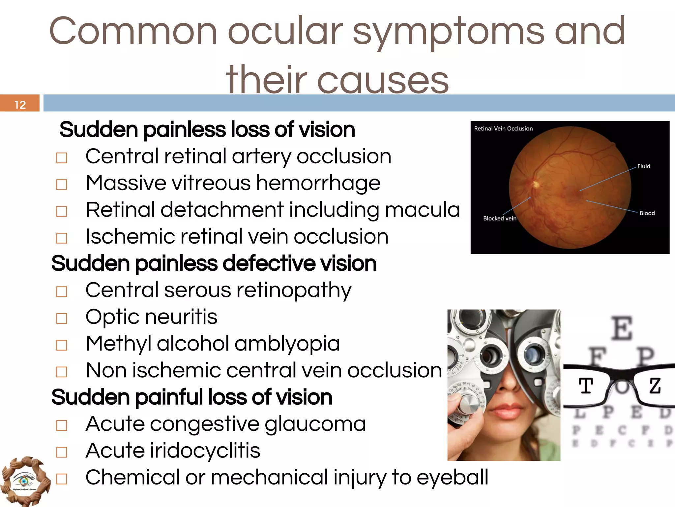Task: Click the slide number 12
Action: point(20,105)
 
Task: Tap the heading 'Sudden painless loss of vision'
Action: point(207,129)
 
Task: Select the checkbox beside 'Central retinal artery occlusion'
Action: point(62,158)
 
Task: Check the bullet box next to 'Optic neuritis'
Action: point(62,318)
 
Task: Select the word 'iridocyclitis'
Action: point(205,451)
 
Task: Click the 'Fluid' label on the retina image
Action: point(643,166)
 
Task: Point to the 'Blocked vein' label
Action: point(500,219)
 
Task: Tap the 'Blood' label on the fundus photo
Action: point(647,213)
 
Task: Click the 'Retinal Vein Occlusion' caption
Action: point(503,129)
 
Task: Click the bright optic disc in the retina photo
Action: point(536,184)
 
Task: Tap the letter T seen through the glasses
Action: point(586,386)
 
